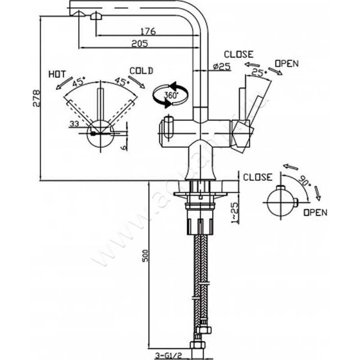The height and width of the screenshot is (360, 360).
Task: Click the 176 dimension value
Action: (148, 31)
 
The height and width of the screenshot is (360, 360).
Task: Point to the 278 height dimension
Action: (36, 99)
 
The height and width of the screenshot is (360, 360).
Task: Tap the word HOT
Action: (57, 73)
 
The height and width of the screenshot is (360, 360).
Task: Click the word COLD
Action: (141, 71)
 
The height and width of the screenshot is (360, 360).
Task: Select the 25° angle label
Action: (257, 72)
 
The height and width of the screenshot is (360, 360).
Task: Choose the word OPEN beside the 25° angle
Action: (286, 63)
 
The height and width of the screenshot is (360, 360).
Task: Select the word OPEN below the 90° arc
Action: (315, 212)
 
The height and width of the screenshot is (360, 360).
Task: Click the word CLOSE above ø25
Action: (238, 54)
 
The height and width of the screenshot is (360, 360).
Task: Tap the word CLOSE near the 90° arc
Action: (258, 177)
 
